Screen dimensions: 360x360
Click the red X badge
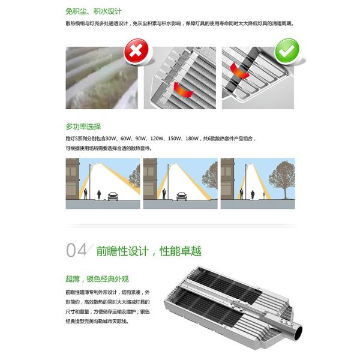137,52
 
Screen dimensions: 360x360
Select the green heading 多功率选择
83,127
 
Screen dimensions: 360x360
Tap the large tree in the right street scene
281,180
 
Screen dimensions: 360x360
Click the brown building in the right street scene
227,180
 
